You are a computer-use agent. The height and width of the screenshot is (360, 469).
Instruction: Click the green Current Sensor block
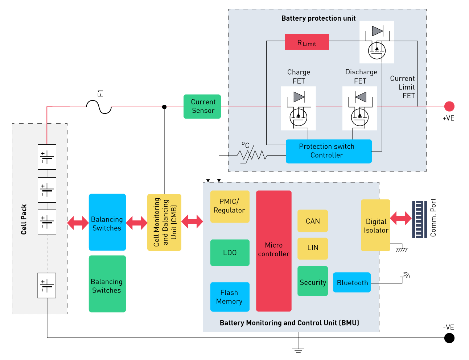(202, 107)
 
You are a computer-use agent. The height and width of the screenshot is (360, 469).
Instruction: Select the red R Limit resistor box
(307, 42)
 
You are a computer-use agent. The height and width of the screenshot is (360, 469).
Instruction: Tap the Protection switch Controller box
(329, 151)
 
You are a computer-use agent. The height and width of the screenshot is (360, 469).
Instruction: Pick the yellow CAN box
(313, 221)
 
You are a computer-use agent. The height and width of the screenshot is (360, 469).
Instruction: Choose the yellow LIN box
(313, 248)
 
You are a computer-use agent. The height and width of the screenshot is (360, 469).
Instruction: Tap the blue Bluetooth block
(352, 282)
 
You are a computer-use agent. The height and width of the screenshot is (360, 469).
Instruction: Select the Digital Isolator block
(376, 225)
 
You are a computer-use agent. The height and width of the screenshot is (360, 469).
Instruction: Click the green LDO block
(230, 253)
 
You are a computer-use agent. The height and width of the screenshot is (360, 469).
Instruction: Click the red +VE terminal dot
(449, 106)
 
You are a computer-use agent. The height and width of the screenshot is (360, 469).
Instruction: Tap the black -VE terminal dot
(449, 338)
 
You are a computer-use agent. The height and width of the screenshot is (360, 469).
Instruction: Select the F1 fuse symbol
(99, 107)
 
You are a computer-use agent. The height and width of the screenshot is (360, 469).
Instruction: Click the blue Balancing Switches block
(107, 222)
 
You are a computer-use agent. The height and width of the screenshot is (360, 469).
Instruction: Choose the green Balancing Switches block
(107, 284)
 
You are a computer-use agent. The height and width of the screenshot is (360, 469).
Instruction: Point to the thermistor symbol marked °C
(252, 155)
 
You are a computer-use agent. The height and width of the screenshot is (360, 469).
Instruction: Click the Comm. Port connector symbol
(419, 219)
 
